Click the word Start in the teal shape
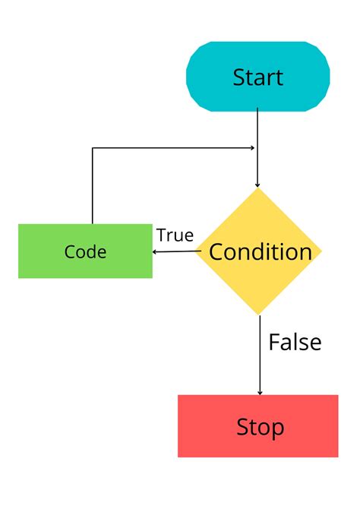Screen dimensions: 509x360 pos(257,77)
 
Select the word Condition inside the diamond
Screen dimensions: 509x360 pos(260,252)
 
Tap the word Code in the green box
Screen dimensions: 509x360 pos(85,252)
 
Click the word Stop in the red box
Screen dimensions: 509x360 pos(260,427)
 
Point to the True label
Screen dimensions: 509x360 pos(175,236)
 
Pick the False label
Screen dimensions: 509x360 pos(295,343)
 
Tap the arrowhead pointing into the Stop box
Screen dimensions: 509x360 pos(260,391)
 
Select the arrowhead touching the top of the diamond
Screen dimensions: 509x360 pos(257,184)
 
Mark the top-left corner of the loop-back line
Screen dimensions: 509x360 pos(93,148)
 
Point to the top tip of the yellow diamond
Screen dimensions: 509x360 pos(259,189)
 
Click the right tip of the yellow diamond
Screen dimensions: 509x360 pos(322,251)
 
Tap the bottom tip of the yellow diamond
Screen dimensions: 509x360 pos(260,315)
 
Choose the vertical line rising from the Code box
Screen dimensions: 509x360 pos(93,190)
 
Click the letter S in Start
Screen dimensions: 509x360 pos(238,77)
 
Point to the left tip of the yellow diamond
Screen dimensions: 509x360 pos(197,251)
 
